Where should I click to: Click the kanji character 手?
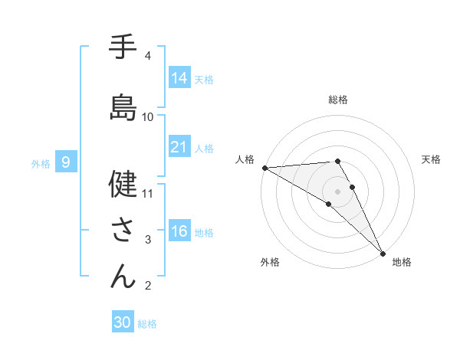tap(123, 47)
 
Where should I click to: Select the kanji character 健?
tap(123, 185)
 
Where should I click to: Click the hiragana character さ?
tap(123, 229)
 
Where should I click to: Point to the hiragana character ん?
tap(123, 275)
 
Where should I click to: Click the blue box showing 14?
tap(179, 78)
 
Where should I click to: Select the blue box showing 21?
tap(179, 147)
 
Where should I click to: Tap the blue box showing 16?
tap(179, 231)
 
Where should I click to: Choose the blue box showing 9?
tap(67, 162)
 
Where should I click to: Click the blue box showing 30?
tap(123, 322)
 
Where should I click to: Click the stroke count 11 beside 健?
tap(149, 193)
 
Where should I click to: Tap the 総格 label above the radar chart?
tap(337, 100)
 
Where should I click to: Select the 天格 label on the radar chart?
tap(431, 159)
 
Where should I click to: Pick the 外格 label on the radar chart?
tap(269, 262)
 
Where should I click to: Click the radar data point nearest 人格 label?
tap(264, 168)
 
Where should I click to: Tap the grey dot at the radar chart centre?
tap(337, 191)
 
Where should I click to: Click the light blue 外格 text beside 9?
tap(40, 163)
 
